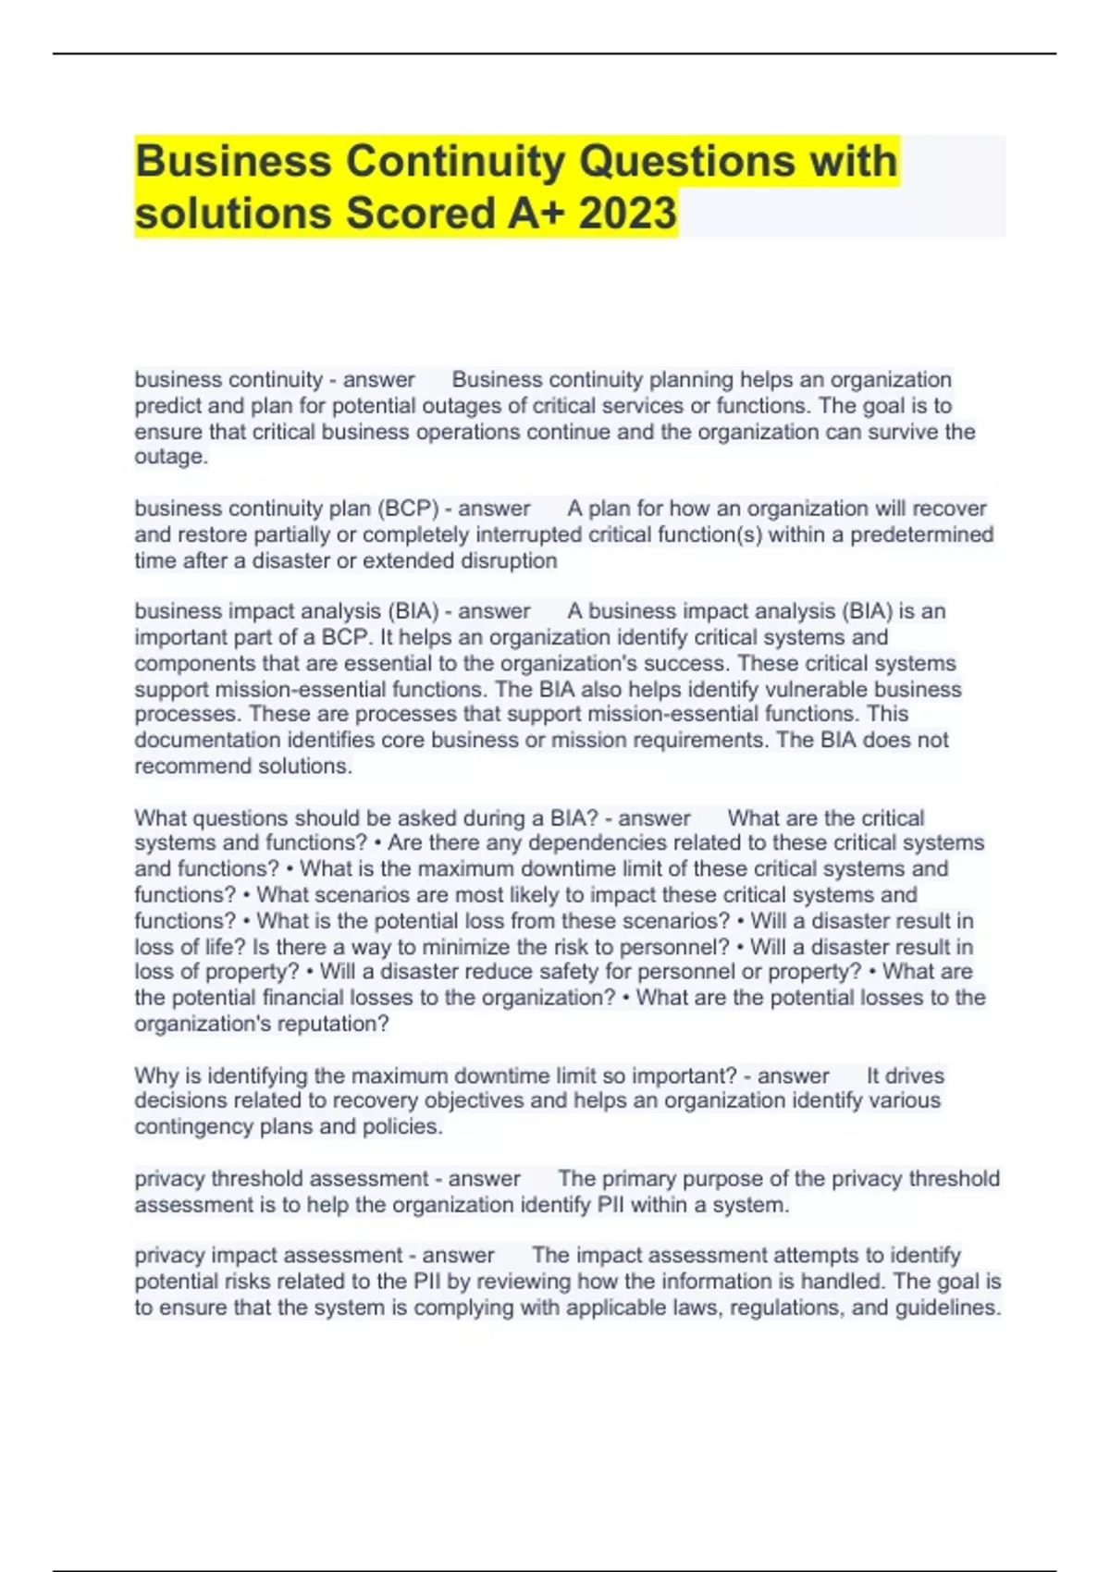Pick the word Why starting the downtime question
click(x=154, y=1075)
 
